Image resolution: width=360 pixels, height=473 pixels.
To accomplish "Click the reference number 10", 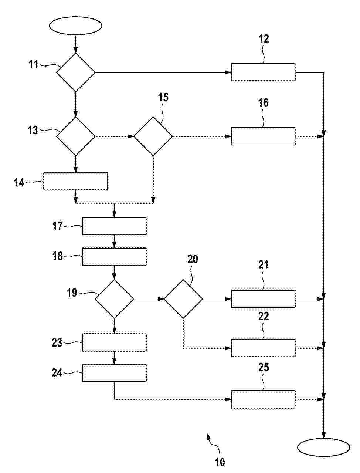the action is pos(220,462).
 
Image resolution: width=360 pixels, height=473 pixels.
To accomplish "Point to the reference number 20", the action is pos(193,259).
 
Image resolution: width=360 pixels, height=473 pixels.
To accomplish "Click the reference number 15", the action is pos(163,97).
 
